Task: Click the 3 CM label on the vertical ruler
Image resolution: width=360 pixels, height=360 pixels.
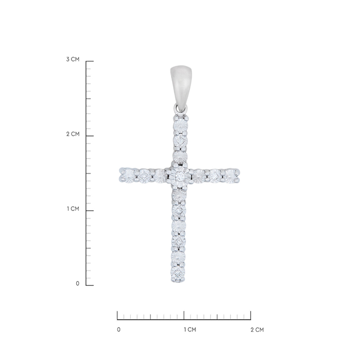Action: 73,59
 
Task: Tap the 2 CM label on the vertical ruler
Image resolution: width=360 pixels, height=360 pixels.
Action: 73,134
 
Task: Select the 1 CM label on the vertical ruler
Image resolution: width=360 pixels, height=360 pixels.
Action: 73,209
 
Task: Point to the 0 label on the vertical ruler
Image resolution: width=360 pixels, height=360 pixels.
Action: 78,284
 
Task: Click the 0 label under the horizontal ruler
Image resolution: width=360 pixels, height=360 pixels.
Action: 119,330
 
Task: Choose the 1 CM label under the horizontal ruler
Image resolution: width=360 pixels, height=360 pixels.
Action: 190,330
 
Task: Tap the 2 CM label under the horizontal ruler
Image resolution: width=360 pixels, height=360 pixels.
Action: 257,330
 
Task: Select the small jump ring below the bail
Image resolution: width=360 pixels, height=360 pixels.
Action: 181,109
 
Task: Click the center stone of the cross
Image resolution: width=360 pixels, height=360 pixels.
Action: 179,176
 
